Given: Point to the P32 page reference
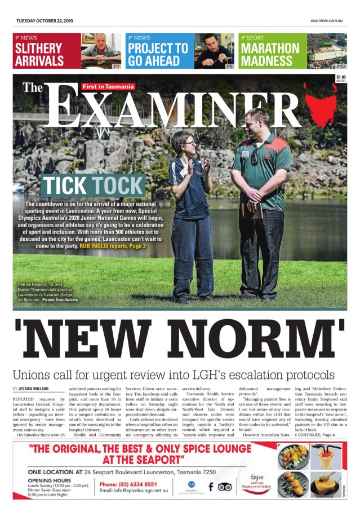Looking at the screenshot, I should (341, 66).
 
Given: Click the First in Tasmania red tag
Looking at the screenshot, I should (108, 87).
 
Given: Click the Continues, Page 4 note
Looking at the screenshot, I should (315, 434).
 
